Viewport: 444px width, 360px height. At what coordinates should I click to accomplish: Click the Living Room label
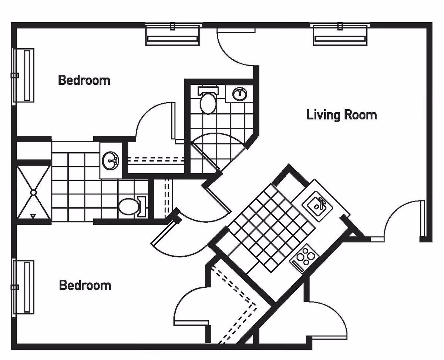pos(341,115)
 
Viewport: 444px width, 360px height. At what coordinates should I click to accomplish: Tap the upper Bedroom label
pos(84,80)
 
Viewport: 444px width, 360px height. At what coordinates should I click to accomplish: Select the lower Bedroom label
pos(85,285)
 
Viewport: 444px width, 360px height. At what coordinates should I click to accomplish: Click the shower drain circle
pos(33,192)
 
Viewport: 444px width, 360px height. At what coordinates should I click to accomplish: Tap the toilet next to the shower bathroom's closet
pos(129,206)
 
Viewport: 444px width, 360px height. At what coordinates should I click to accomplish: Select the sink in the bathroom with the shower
pos(110,161)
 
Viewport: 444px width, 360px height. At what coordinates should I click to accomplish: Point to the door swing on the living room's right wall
pos(401,219)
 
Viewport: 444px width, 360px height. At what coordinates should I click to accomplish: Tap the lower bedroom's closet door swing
pos(191,306)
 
